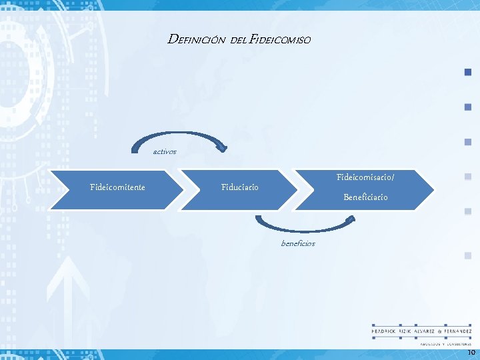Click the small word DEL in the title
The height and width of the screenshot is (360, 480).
[x=238, y=41]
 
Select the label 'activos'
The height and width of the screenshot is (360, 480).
[x=165, y=152]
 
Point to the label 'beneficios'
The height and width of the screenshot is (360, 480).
[x=298, y=243]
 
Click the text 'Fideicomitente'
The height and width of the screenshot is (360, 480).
[x=117, y=187]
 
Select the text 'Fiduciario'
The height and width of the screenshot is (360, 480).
[x=240, y=187]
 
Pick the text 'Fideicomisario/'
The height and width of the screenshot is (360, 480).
[x=365, y=177]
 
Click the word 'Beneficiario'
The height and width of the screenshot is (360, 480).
[x=365, y=197]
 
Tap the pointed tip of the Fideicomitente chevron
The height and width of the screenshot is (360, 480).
[x=182, y=190]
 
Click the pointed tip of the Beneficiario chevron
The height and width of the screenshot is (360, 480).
[x=433, y=190]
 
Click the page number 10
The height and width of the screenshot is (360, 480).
[x=471, y=352]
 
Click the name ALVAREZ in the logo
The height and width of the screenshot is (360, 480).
[x=425, y=331]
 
